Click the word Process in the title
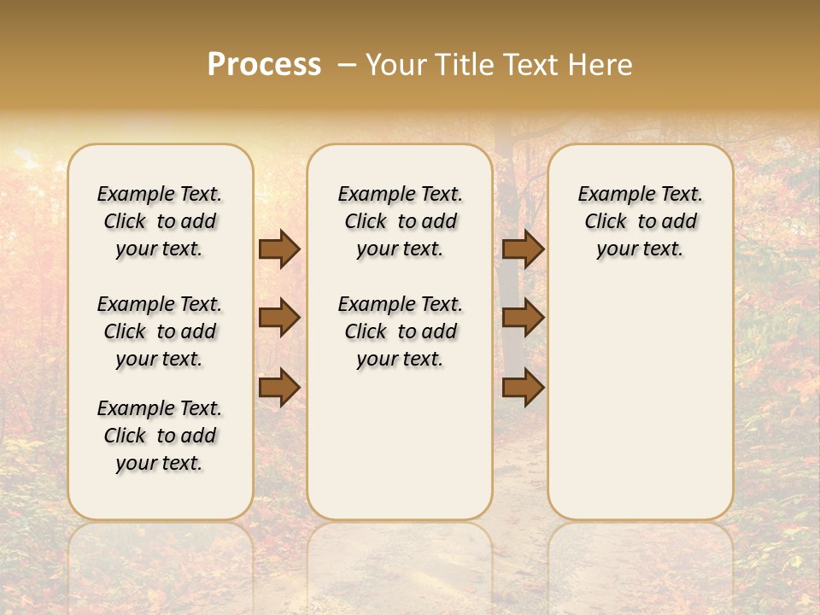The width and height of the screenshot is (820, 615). [264, 65]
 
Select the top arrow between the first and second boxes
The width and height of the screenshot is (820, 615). [279, 249]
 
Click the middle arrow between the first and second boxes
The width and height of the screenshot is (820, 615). [279, 318]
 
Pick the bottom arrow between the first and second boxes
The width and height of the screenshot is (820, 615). [279, 388]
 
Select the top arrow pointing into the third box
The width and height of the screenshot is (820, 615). [523, 249]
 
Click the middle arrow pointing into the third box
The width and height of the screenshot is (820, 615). [523, 318]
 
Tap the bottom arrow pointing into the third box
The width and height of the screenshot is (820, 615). [523, 388]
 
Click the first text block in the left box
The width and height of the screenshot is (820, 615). [160, 221]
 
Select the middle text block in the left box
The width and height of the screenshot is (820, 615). [160, 331]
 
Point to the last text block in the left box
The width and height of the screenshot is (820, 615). [160, 436]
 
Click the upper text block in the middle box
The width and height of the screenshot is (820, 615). [400, 221]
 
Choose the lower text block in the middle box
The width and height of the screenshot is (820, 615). [400, 331]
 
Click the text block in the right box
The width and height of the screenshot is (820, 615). [640, 221]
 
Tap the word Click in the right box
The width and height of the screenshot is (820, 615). [606, 222]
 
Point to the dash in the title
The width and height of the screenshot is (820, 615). [347, 66]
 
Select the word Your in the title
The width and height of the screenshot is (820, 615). [396, 65]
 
